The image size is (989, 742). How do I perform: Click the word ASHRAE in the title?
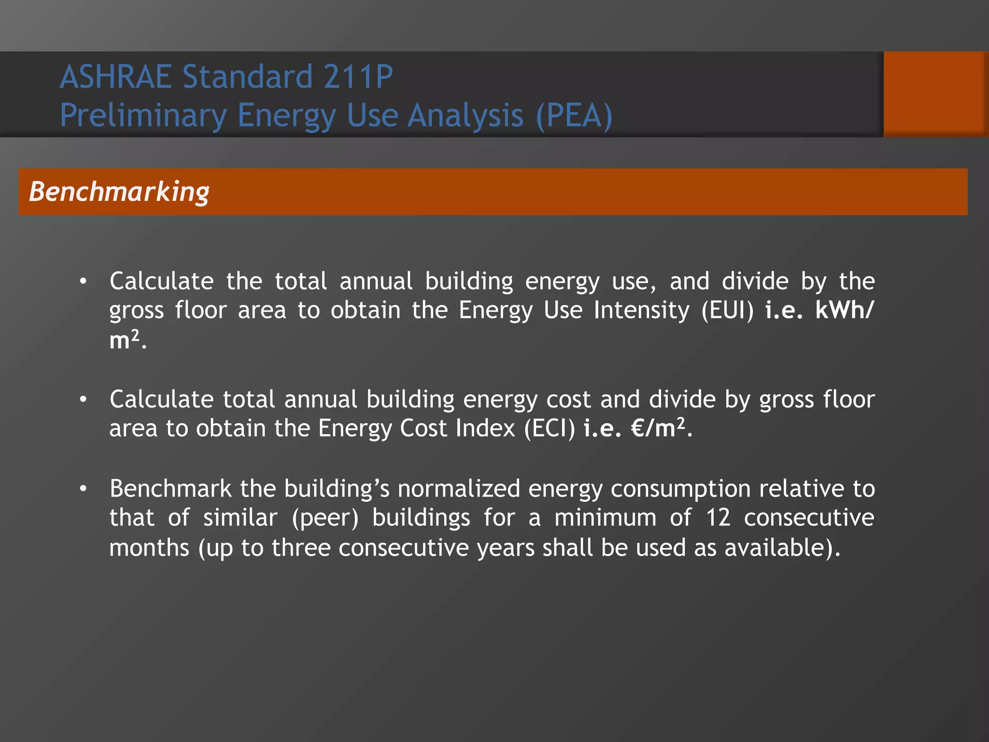[115, 77]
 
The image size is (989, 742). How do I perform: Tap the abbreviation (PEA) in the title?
[574, 116]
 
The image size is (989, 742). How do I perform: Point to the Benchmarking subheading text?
[119, 192]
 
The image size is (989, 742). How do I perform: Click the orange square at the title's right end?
[935, 94]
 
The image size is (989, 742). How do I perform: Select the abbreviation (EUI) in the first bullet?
[727, 311]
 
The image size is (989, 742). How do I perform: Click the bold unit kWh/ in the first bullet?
[844, 311]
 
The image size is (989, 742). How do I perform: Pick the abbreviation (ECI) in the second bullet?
[550, 428]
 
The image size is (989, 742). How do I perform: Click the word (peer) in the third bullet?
[325, 518]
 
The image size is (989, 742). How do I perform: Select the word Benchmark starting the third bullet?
[170, 488]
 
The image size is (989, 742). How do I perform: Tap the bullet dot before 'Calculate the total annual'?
[84, 281]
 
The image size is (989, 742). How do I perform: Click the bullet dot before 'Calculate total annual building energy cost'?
[84, 400]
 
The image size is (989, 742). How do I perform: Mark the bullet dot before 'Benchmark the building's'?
[84, 489]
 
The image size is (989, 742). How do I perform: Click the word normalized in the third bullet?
[458, 488]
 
